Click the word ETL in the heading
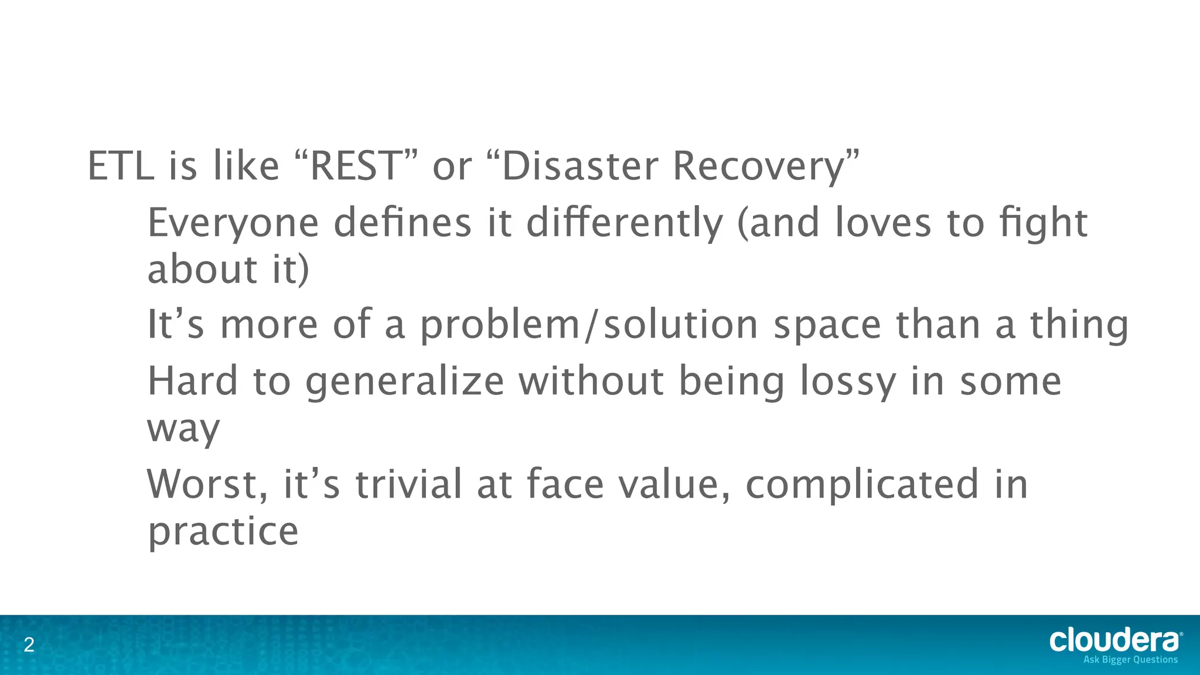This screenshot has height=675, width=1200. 121,166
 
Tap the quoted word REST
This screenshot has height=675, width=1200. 354,166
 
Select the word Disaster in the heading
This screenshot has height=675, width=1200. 580,166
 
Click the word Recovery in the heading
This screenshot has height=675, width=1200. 759,167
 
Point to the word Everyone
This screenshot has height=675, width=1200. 233,224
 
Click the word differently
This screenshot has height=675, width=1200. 625,224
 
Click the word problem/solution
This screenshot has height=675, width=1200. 589,325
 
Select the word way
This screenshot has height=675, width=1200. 183,429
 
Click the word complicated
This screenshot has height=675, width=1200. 862,485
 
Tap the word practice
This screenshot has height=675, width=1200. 223,531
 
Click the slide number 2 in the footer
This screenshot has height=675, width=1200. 29,646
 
